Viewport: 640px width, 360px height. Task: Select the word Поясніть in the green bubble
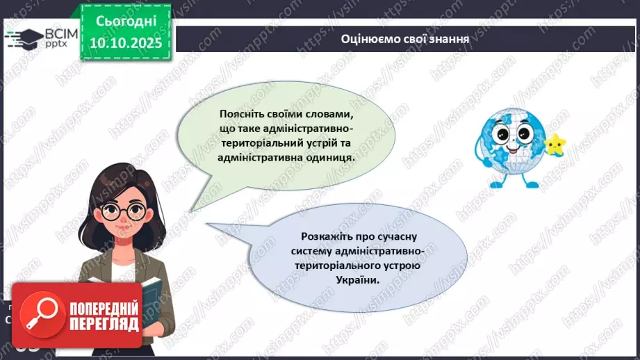(x=222, y=113)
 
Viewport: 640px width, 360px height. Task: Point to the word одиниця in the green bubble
(x=331, y=157)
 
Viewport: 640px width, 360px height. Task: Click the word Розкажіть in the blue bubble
(x=327, y=236)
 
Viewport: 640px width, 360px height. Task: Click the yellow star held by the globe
(x=554, y=145)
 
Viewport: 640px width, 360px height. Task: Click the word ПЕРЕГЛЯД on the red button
(x=102, y=325)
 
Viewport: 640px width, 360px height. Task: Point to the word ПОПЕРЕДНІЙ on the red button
(x=102, y=309)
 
